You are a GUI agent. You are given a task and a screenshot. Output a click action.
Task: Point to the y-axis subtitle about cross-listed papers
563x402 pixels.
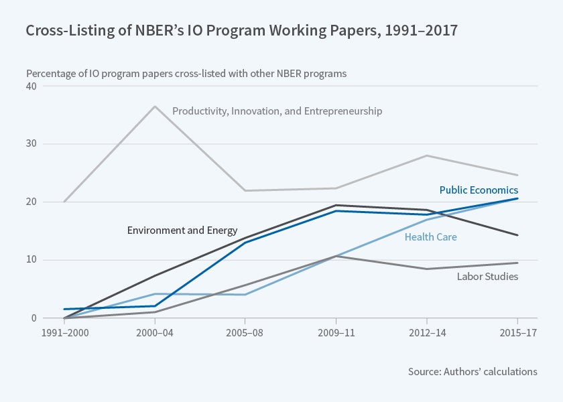[x=186, y=74]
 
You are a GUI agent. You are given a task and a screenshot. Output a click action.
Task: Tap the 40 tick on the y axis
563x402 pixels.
[x=32, y=86]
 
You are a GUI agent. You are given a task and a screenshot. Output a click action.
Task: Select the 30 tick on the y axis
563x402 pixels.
[x=32, y=144]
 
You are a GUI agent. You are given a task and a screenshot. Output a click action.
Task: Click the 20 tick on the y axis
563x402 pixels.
[x=32, y=202]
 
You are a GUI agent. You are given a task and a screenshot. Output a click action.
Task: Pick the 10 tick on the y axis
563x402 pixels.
[x=32, y=260]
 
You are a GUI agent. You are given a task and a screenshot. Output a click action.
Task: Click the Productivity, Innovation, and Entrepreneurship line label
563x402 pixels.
[x=277, y=111]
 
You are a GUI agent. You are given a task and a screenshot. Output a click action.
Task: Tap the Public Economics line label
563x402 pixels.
[x=479, y=190]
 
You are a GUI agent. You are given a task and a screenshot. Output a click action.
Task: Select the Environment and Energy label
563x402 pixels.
[x=182, y=230]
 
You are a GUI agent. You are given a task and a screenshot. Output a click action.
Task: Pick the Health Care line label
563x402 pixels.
[x=430, y=237]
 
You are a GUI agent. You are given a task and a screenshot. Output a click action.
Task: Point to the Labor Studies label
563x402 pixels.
[x=487, y=276]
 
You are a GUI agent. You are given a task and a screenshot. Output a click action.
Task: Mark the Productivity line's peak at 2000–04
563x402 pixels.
[x=155, y=107]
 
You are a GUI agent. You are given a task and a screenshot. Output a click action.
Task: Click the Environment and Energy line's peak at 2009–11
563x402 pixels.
[x=336, y=205]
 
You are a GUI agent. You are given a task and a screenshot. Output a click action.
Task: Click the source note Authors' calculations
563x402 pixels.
[x=473, y=371]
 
